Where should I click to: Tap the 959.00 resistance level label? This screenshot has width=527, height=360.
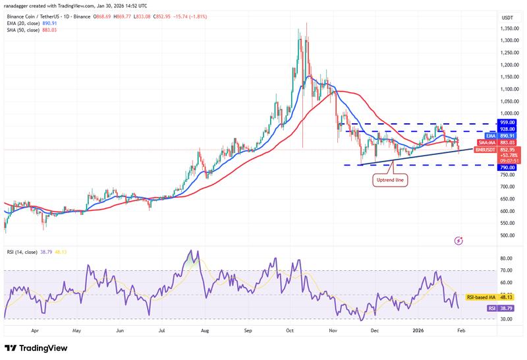[507, 122]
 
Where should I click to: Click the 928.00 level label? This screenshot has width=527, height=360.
[507, 130]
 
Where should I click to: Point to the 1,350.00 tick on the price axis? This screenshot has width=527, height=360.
[508, 28]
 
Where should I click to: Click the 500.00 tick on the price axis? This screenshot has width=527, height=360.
[507, 235]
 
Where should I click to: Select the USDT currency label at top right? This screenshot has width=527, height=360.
[507, 17]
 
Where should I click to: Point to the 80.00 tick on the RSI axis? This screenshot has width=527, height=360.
[507, 258]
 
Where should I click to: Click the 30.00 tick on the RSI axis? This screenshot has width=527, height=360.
[507, 318]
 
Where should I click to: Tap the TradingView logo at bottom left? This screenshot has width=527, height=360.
[36, 347]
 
